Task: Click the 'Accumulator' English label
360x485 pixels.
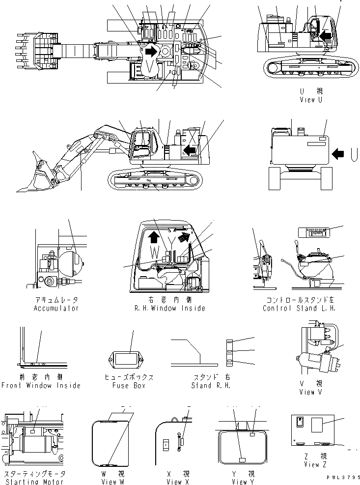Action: [56, 308]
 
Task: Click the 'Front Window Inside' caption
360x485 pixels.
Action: [41, 385]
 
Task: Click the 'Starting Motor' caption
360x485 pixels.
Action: [34, 482]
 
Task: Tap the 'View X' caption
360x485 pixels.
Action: [174, 482]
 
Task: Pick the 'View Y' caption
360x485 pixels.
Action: [240, 482]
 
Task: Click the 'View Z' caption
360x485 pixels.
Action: [311, 464]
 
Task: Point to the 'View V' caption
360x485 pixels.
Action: [311, 392]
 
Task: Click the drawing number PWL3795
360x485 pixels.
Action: [338, 476]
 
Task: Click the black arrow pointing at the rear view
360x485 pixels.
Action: [338, 154]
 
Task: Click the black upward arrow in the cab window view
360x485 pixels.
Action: [153, 237]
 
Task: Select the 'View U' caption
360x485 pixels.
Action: [311, 100]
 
